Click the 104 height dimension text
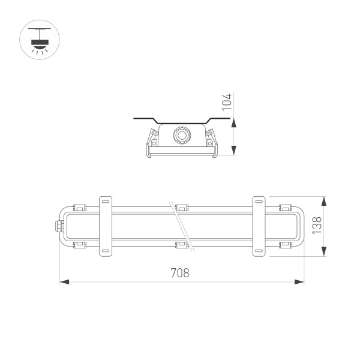pyautogui.click(x=226, y=103)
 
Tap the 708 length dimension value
pyautogui.click(x=180, y=273)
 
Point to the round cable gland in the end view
pyautogui.click(x=181, y=134)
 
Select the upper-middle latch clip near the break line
pyautogui.click(x=182, y=207)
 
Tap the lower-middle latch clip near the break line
pyautogui.click(x=182, y=244)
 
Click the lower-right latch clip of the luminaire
pyautogui.click(x=285, y=244)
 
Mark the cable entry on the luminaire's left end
pyautogui.click(x=59, y=226)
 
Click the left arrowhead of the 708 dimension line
pyautogui.click(x=63, y=281)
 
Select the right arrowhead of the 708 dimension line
pyautogui.click(x=300, y=281)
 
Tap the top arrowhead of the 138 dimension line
pyautogui.click(x=325, y=200)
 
